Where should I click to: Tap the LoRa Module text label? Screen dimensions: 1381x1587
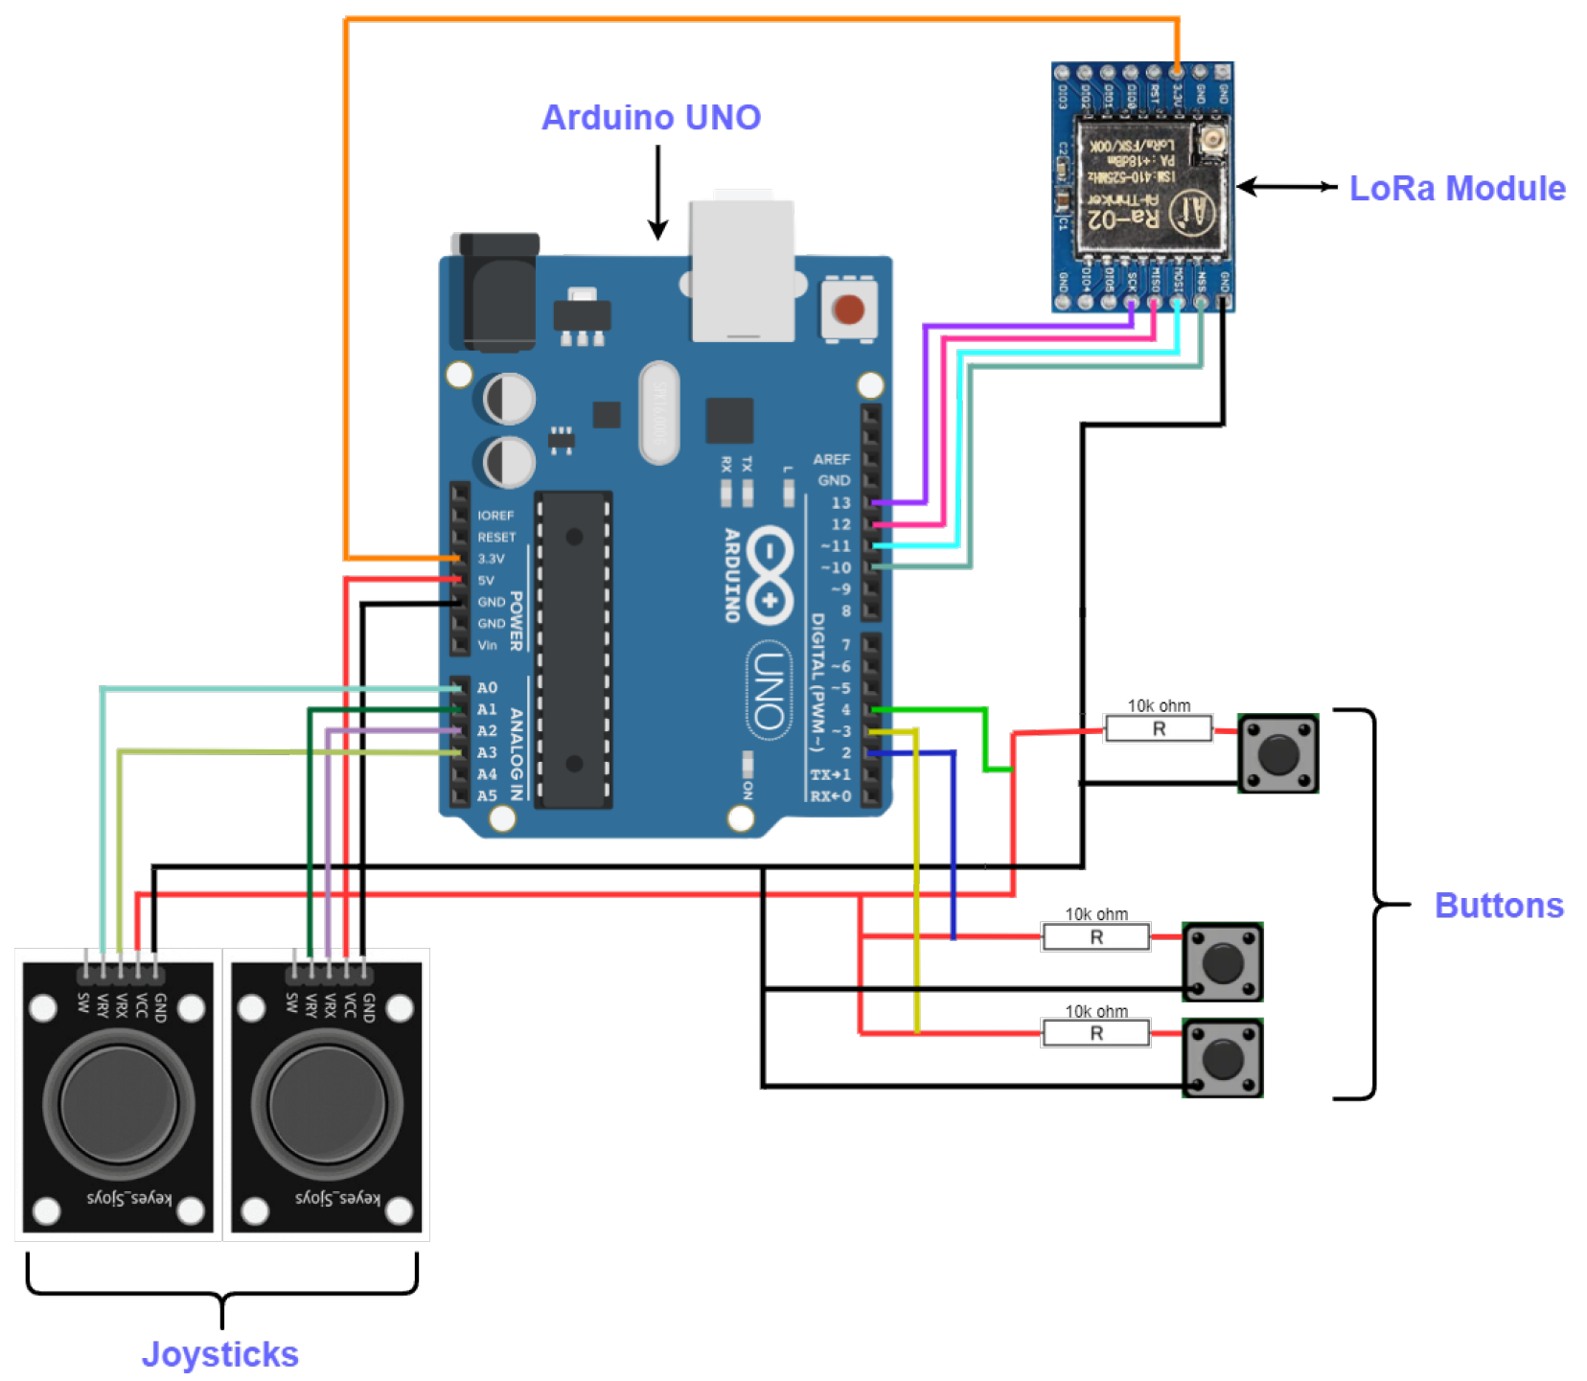[x=1456, y=189]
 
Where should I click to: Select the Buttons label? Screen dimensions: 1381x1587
[x=1498, y=905]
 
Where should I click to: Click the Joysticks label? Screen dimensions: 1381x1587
[x=219, y=1353]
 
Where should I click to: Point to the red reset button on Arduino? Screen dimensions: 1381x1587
[x=847, y=310]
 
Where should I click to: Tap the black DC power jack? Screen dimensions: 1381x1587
[x=497, y=291]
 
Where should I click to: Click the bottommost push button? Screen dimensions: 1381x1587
[x=1222, y=1057]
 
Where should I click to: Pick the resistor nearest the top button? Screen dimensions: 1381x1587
[x=1158, y=728]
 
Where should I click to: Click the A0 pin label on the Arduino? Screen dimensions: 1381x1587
[x=487, y=687]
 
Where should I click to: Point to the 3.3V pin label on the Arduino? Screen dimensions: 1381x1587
[x=491, y=558]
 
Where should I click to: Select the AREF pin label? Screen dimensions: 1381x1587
[x=831, y=459]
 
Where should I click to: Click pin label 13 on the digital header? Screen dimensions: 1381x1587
[x=839, y=502]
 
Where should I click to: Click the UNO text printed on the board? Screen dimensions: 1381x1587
[x=769, y=690]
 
